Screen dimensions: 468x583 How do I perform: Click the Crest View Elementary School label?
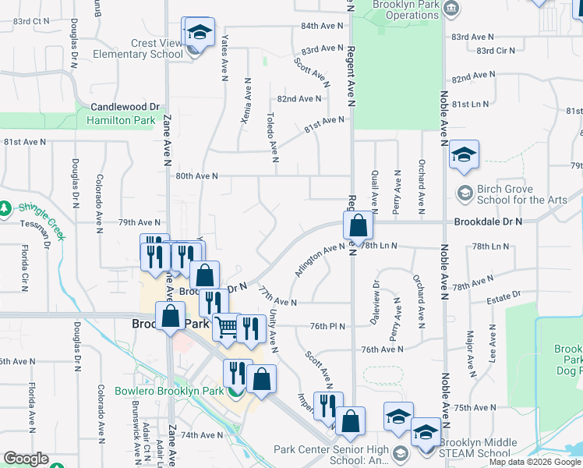tap(138, 49)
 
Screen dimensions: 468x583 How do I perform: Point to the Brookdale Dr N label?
tap(489, 222)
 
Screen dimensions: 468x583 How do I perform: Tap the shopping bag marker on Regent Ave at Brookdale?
tap(358, 226)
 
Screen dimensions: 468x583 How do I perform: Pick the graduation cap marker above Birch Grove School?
tap(464, 155)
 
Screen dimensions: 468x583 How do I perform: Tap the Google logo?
tap(26, 459)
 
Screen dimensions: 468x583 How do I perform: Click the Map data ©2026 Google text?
tap(535, 462)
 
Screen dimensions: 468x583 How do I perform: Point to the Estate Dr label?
tap(503, 296)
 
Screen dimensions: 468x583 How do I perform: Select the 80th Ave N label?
tap(196, 176)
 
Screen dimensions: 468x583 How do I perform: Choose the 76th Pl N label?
tap(327, 325)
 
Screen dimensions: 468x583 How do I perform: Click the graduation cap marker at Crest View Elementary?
tap(199, 33)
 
